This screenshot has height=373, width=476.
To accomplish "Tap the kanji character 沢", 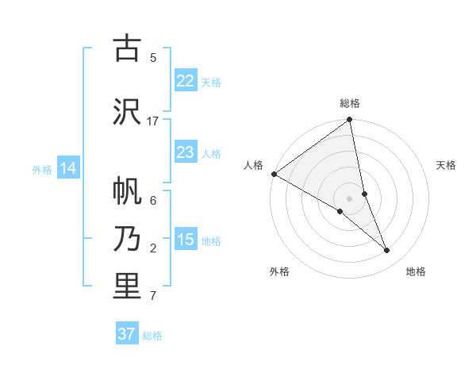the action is [x=127, y=110].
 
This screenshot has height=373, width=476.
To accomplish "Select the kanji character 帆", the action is [x=127, y=191].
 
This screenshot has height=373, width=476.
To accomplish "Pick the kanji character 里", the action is [x=127, y=286].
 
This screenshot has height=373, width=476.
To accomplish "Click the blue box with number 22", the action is [x=186, y=81].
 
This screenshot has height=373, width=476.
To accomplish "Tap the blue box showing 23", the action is [x=186, y=152].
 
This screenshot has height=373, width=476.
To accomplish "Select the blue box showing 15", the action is [x=186, y=240].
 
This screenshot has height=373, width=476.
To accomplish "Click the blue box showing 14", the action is [x=68, y=168].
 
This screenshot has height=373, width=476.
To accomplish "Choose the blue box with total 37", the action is [x=127, y=334].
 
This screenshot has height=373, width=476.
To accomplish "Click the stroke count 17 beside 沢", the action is [x=153, y=121].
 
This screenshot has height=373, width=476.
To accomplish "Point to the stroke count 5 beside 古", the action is [x=153, y=57].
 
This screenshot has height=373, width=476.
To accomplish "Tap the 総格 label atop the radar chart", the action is [x=350, y=103].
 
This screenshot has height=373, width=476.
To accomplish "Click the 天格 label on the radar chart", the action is [x=447, y=165].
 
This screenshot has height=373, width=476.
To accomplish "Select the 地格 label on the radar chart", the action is [x=416, y=271].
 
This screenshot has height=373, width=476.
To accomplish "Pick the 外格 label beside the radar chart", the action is [x=279, y=271].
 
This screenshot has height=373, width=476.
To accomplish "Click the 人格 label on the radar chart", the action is [x=253, y=165].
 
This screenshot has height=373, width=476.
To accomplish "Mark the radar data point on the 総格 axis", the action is [x=350, y=121].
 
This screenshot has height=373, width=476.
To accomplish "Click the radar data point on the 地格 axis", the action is [x=387, y=251].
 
